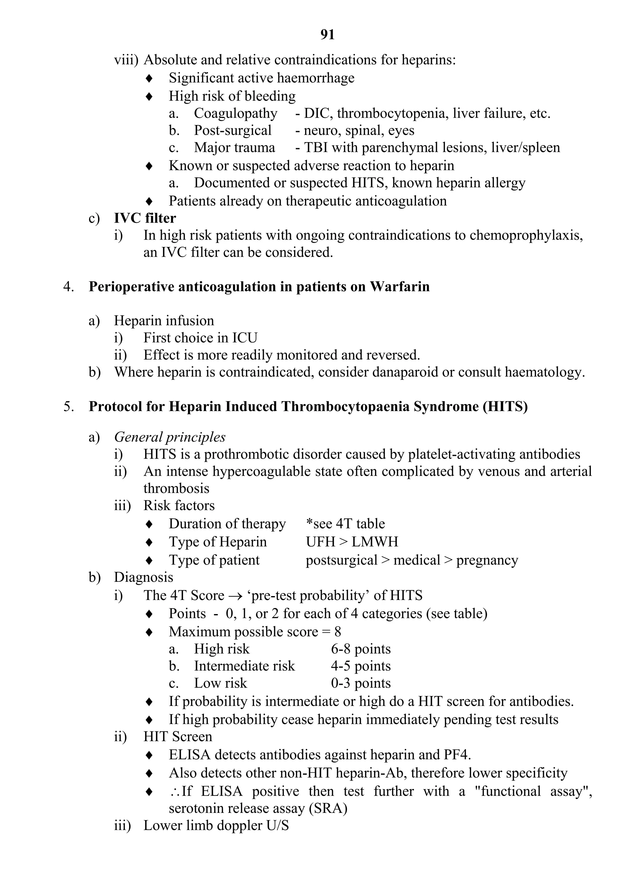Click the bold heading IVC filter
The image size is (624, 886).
(x=145, y=218)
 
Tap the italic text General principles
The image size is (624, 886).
(x=170, y=437)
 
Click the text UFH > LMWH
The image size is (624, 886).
(x=352, y=542)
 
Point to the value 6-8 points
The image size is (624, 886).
(x=360, y=649)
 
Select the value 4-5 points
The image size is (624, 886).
(x=360, y=666)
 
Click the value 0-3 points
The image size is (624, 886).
(x=360, y=683)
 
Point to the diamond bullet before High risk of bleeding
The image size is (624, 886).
(x=149, y=96)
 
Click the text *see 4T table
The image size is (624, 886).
(x=345, y=524)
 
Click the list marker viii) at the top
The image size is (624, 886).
(x=126, y=60)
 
